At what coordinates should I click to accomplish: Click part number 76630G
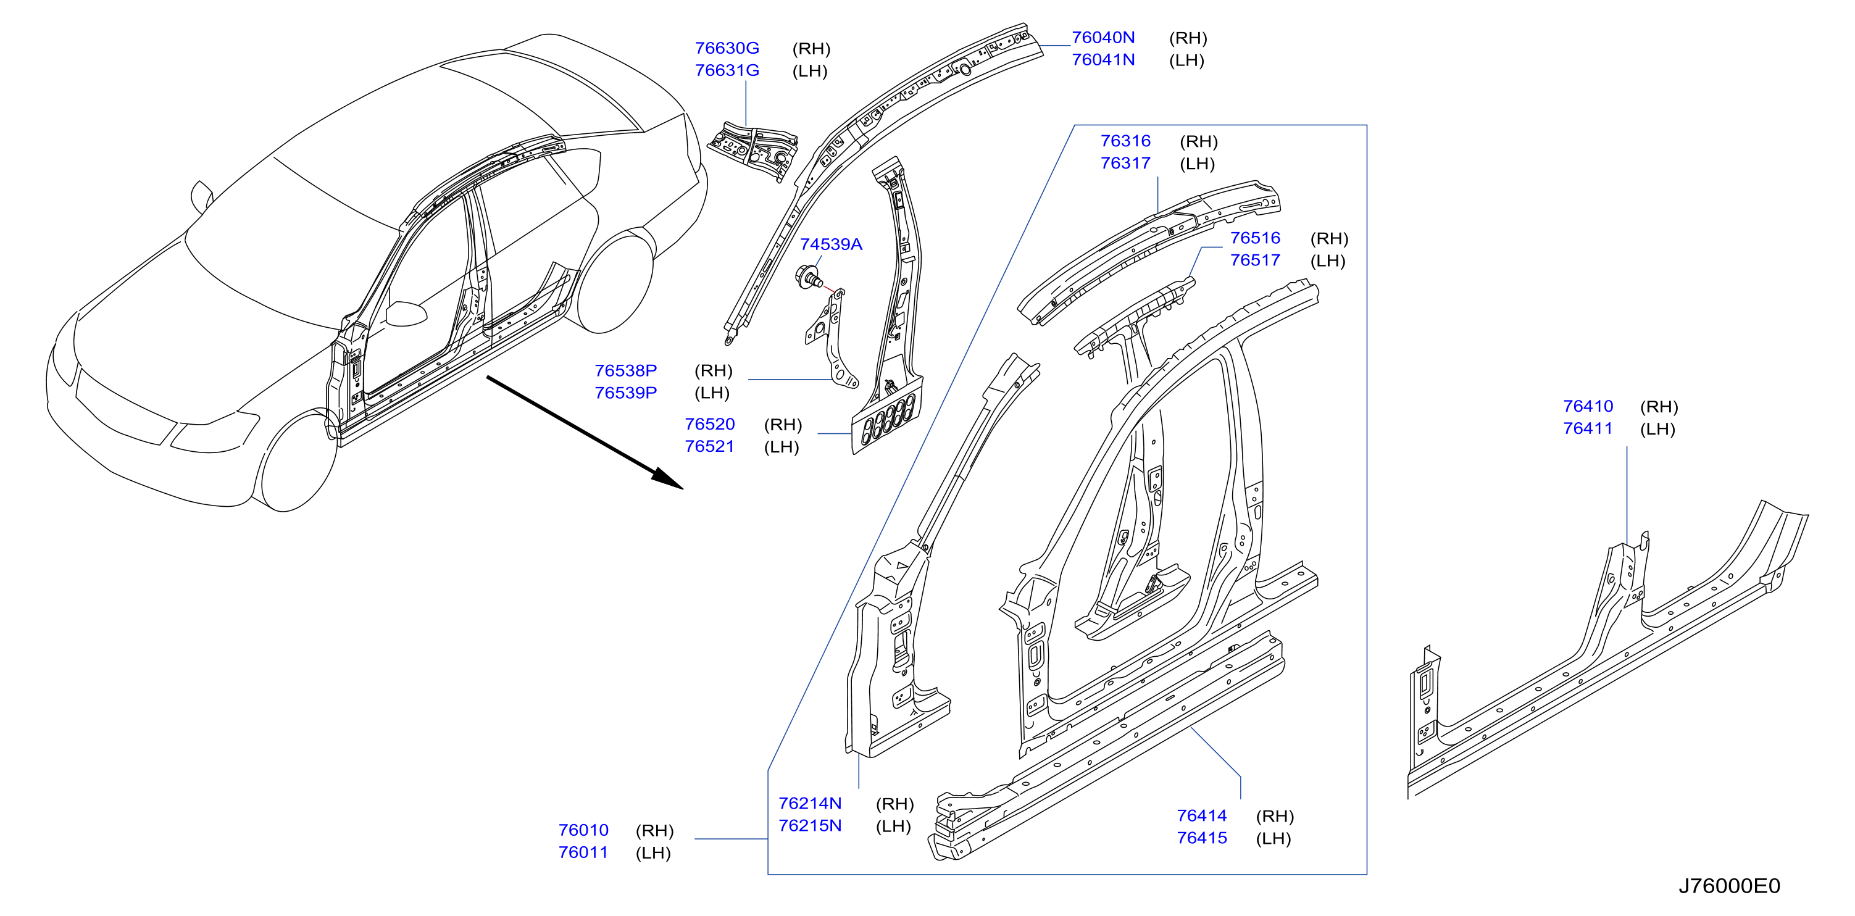(x=727, y=48)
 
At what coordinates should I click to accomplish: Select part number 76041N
(x=1103, y=60)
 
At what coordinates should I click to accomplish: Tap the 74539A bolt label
(x=831, y=245)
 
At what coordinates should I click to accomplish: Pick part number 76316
(x=1125, y=141)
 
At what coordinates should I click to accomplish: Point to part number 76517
(x=1255, y=260)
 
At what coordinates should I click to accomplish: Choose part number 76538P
(x=626, y=371)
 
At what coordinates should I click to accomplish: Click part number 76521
(x=710, y=446)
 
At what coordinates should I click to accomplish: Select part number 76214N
(x=810, y=804)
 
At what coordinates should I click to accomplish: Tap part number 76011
(x=583, y=852)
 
